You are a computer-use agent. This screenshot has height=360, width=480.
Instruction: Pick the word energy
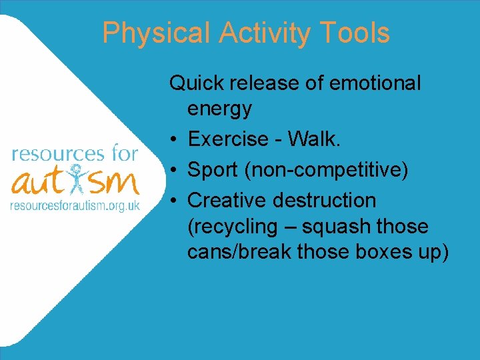219,108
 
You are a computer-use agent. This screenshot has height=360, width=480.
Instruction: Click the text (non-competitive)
327,170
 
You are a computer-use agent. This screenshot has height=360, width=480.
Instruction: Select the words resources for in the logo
75,154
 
